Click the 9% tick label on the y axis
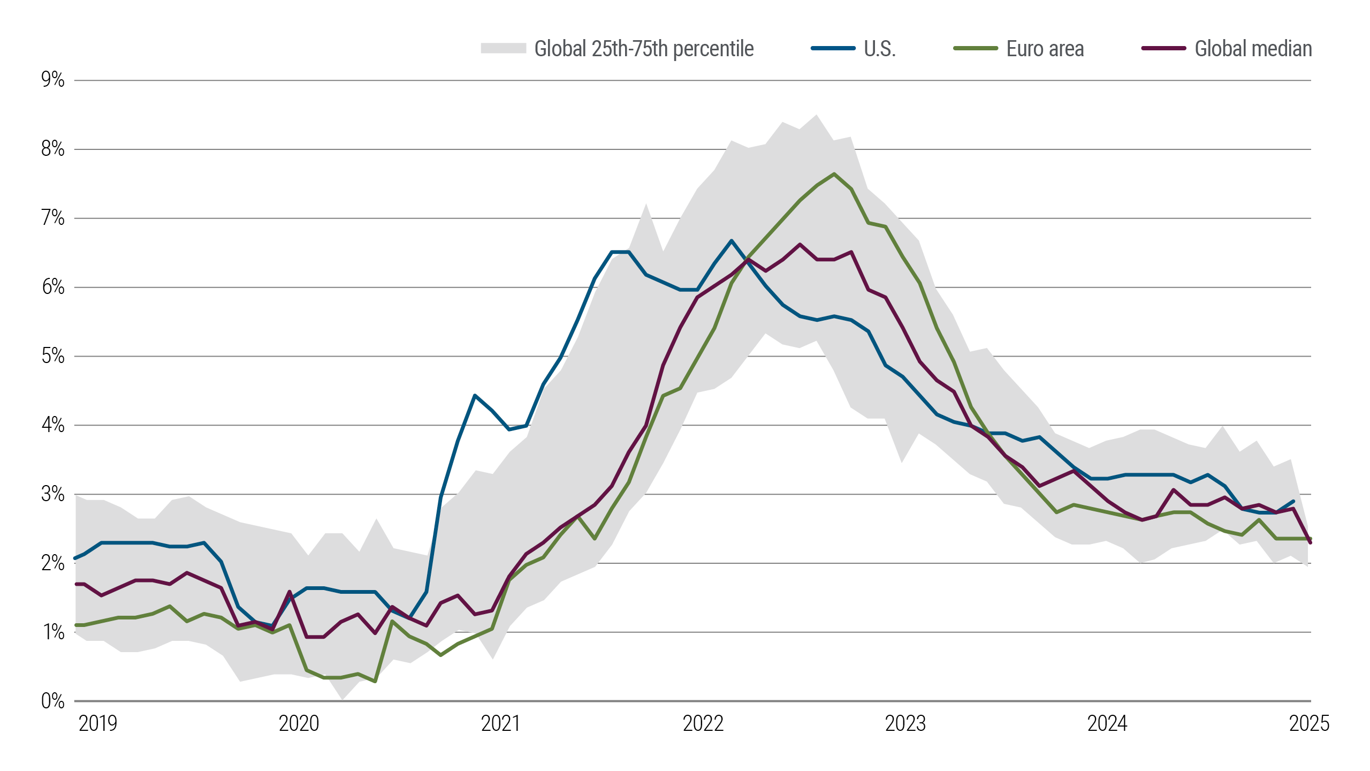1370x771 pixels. (x=52, y=80)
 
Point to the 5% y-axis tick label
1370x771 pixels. (x=52, y=356)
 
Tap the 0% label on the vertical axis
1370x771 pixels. (x=52, y=701)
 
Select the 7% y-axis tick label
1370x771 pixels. (x=52, y=218)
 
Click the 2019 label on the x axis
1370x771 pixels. (x=98, y=723)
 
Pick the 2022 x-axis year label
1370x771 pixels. (x=703, y=723)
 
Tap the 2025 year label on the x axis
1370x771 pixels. (x=1309, y=723)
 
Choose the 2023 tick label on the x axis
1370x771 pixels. (x=905, y=723)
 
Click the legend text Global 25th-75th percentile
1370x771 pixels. (x=644, y=49)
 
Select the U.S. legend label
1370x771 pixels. (x=880, y=49)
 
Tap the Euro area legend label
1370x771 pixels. (x=1045, y=49)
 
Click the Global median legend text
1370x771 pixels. (x=1253, y=49)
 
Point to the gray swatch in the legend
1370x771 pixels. (x=503, y=48)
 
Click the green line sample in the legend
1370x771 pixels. (x=976, y=48)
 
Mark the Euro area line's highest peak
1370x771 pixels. (x=834, y=174)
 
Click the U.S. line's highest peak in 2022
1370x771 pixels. (x=732, y=241)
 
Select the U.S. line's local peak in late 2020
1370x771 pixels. (x=475, y=396)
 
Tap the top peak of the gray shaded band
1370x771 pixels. (x=816, y=115)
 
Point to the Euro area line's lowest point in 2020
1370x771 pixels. (x=375, y=681)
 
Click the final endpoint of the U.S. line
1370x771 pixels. (x=1293, y=502)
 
